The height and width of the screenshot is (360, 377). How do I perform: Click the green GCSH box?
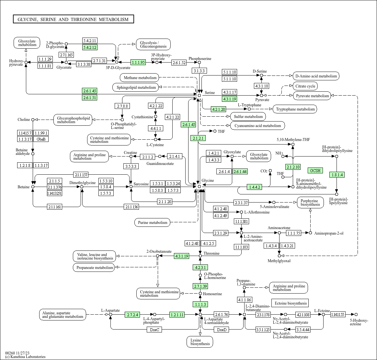(315, 170)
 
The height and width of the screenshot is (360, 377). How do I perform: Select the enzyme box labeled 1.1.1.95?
(138, 62)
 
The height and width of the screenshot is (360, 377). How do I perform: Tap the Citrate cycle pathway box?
(305, 86)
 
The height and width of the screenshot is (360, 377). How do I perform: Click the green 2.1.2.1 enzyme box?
(198, 138)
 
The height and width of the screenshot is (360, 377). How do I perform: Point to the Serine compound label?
(210, 93)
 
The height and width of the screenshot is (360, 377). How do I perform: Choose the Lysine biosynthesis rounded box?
(200, 342)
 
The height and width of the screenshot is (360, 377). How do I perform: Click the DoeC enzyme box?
(154, 330)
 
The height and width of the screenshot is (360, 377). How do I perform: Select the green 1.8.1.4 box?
(337, 175)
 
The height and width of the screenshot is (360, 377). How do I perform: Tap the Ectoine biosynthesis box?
(290, 303)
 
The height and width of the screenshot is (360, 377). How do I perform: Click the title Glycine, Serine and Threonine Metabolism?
(73, 19)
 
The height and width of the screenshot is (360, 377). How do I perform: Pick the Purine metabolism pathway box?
(153, 223)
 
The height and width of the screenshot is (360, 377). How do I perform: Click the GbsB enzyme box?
(41, 139)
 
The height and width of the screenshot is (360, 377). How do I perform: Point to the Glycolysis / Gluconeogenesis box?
(153, 44)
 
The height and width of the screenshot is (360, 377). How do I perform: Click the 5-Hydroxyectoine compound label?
(359, 322)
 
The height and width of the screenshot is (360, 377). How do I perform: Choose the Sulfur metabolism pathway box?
(248, 117)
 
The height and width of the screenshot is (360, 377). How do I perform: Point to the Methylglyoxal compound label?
(279, 261)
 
